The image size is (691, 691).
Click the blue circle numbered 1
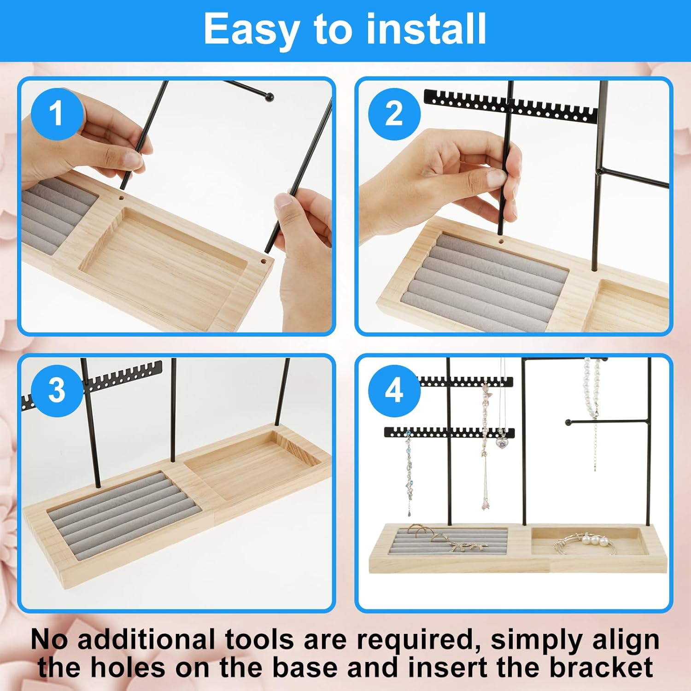(57, 113)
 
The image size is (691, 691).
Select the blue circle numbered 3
(57, 391)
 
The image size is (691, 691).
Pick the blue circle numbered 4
(394, 391)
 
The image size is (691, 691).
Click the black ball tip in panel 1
(269, 97)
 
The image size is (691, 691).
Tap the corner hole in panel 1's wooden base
(264, 262)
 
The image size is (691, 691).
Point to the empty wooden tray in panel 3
(252, 466)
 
